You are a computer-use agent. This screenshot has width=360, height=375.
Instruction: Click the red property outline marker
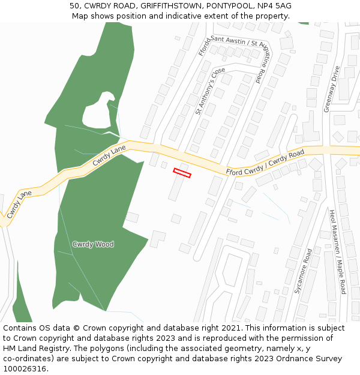point(182,173)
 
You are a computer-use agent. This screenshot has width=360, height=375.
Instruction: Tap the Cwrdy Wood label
point(93,244)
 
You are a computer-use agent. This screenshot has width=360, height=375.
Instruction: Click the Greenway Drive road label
point(331,89)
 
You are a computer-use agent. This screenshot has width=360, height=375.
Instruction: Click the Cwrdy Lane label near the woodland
point(109,155)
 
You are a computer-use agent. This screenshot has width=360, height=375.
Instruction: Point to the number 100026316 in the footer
point(25,369)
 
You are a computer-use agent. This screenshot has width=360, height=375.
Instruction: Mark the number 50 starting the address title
point(74,6)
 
